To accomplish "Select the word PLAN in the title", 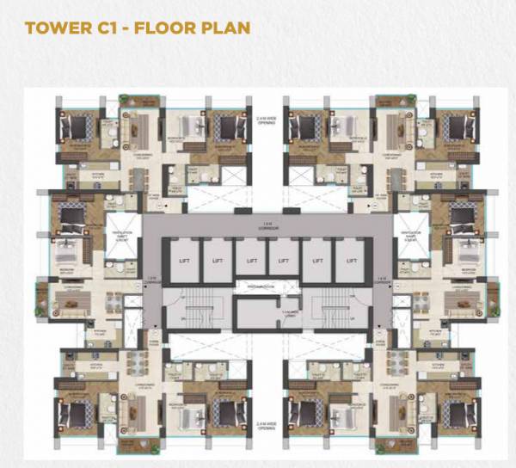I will [x=224, y=28].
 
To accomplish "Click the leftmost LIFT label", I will [x=184, y=259].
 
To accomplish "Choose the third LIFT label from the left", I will [x=250, y=259].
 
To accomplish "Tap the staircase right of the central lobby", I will [x=335, y=313].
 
